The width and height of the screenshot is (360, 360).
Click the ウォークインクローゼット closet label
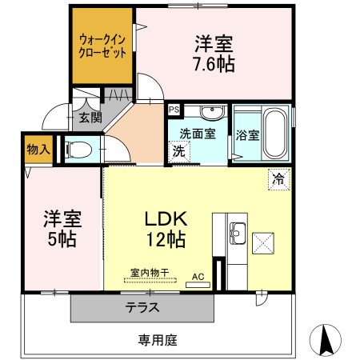pyautogui.click(x=102, y=46)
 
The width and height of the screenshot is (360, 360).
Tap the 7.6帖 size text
pyautogui.click(x=214, y=64)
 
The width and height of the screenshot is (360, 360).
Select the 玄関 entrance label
pyautogui.click(x=90, y=118)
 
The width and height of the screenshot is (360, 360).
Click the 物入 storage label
pyautogui.click(x=38, y=150)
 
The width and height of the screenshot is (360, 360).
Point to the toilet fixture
pyautogui.click(x=79, y=149)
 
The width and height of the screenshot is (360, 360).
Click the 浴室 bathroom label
pyautogui.click(x=247, y=134)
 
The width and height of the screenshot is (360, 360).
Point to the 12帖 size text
pyautogui.click(x=166, y=238)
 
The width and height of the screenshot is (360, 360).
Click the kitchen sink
pyautogui.click(x=236, y=234)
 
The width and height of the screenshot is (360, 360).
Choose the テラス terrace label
pyautogui.click(x=141, y=306)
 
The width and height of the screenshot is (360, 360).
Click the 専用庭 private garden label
pyautogui.click(x=158, y=339)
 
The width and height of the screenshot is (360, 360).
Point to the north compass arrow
pyautogui.click(x=326, y=340)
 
